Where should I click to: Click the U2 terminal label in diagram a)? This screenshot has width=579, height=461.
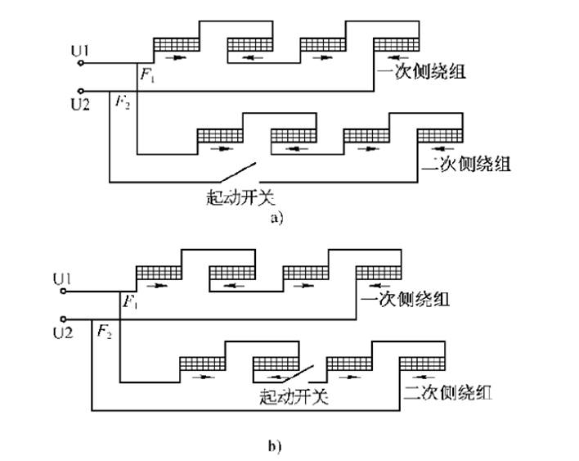tap(80, 103)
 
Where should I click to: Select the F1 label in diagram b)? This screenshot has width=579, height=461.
tap(129, 303)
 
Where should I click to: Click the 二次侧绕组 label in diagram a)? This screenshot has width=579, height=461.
tap(467, 164)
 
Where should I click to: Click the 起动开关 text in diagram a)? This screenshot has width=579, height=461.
tap(239, 197)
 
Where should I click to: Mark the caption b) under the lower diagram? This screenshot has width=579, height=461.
tap(275, 446)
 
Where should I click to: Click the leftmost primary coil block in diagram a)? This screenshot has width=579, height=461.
tap(177, 44)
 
